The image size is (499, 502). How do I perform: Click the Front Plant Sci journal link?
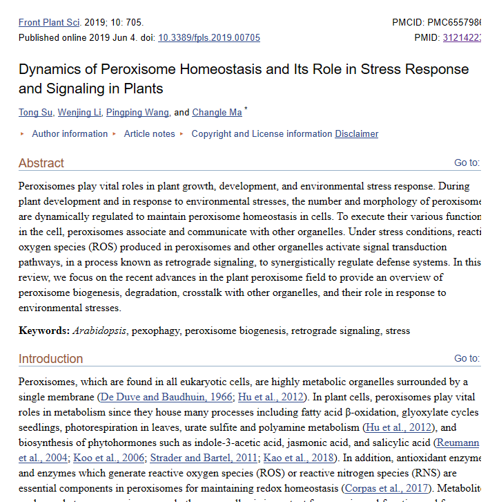(50, 22)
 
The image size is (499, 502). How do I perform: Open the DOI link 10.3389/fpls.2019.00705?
(209, 37)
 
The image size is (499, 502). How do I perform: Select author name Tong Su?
(35, 112)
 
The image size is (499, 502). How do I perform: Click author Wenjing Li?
(79, 112)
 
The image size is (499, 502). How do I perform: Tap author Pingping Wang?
(138, 112)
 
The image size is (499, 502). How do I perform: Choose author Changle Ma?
(217, 112)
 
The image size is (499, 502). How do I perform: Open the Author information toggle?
(69, 133)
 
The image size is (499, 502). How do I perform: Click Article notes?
(149, 133)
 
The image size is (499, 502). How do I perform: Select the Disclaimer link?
(356, 133)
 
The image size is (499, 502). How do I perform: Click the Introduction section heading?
(50, 359)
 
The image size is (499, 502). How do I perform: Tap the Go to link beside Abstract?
(466, 163)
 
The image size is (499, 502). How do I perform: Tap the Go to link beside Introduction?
(466, 359)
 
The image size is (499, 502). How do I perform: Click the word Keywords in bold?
(43, 331)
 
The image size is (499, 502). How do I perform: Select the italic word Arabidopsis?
(99, 331)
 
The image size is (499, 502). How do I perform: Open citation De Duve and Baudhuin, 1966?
(166, 397)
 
